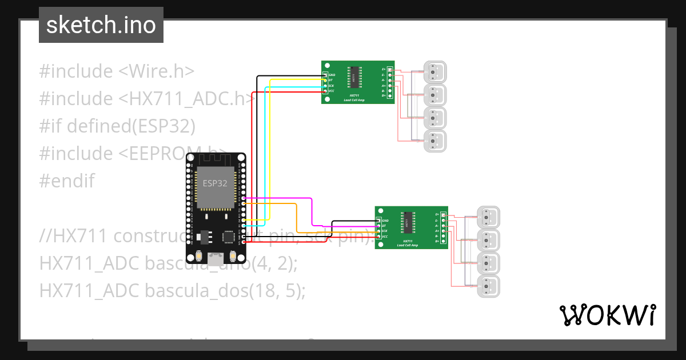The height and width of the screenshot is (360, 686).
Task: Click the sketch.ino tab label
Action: pyautogui.click(x=101, y=25)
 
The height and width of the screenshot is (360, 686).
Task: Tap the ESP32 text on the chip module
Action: pyautogui.click(x=215, y=183)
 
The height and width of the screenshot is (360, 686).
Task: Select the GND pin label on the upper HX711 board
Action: pyautogui.click(x=332, y=75)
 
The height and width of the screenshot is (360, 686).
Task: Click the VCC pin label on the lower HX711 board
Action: pyautogui.click(x=385, y=237)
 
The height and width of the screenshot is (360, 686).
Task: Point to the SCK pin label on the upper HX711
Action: pyautogui.click(x=331, y=86)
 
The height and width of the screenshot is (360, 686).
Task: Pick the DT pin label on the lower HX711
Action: pyautogui.click(x=384, y=226)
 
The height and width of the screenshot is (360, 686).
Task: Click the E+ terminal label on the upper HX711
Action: pyautogui.click(x=384, y=69)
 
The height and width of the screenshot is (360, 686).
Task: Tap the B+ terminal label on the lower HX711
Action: pyautogui.click(x=437, y=241)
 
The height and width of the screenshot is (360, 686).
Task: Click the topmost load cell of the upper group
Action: pyautogui.click(x=434, y=72)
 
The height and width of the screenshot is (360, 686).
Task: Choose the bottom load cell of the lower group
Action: pyautogui.click(x=488, y=285)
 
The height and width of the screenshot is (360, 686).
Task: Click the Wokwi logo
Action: pyautogui.click(x=608, y=315)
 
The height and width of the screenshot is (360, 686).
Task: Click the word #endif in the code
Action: pyautogui.click(x=67, y=181)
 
